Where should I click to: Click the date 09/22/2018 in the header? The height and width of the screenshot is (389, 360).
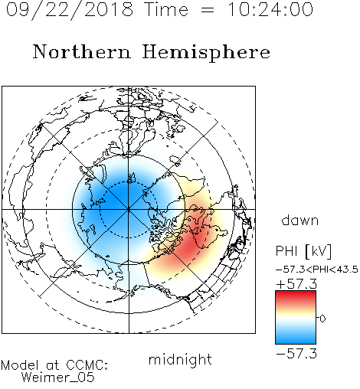click(x=70, y=10)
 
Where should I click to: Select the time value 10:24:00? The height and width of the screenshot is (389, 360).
click(x=270, y=10)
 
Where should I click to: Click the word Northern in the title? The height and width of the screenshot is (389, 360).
click(x=82, y=51)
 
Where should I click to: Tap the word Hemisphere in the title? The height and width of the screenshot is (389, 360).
click(x=206, y=52)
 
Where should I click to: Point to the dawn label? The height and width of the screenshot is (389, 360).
click(x=300, y=220)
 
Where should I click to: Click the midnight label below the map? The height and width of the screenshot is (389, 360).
click(x=180, y=361)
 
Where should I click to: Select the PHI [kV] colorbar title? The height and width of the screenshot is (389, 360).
click(x=303, y=251)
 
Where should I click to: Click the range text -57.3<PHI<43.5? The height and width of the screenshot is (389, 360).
click(x=317, y=270)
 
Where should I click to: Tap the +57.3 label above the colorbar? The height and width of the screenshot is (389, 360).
click(x=296, y=284)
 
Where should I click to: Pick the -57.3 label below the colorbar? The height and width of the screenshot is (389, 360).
click(x=296, y=354)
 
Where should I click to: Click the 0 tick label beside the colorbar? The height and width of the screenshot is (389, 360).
click(x=322, y=319)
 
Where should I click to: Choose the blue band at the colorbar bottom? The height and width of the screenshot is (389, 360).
click(x=296, y=338)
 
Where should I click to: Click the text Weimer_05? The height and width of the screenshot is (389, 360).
click(x=57, y=378)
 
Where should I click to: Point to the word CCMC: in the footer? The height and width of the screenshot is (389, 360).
click(x=87, y=365)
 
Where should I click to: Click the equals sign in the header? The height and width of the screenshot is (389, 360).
click(x=208, y=10)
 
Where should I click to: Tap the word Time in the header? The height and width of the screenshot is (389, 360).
click(x=166, y=10)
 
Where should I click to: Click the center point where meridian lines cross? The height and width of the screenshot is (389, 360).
click(x=129, y=210)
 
